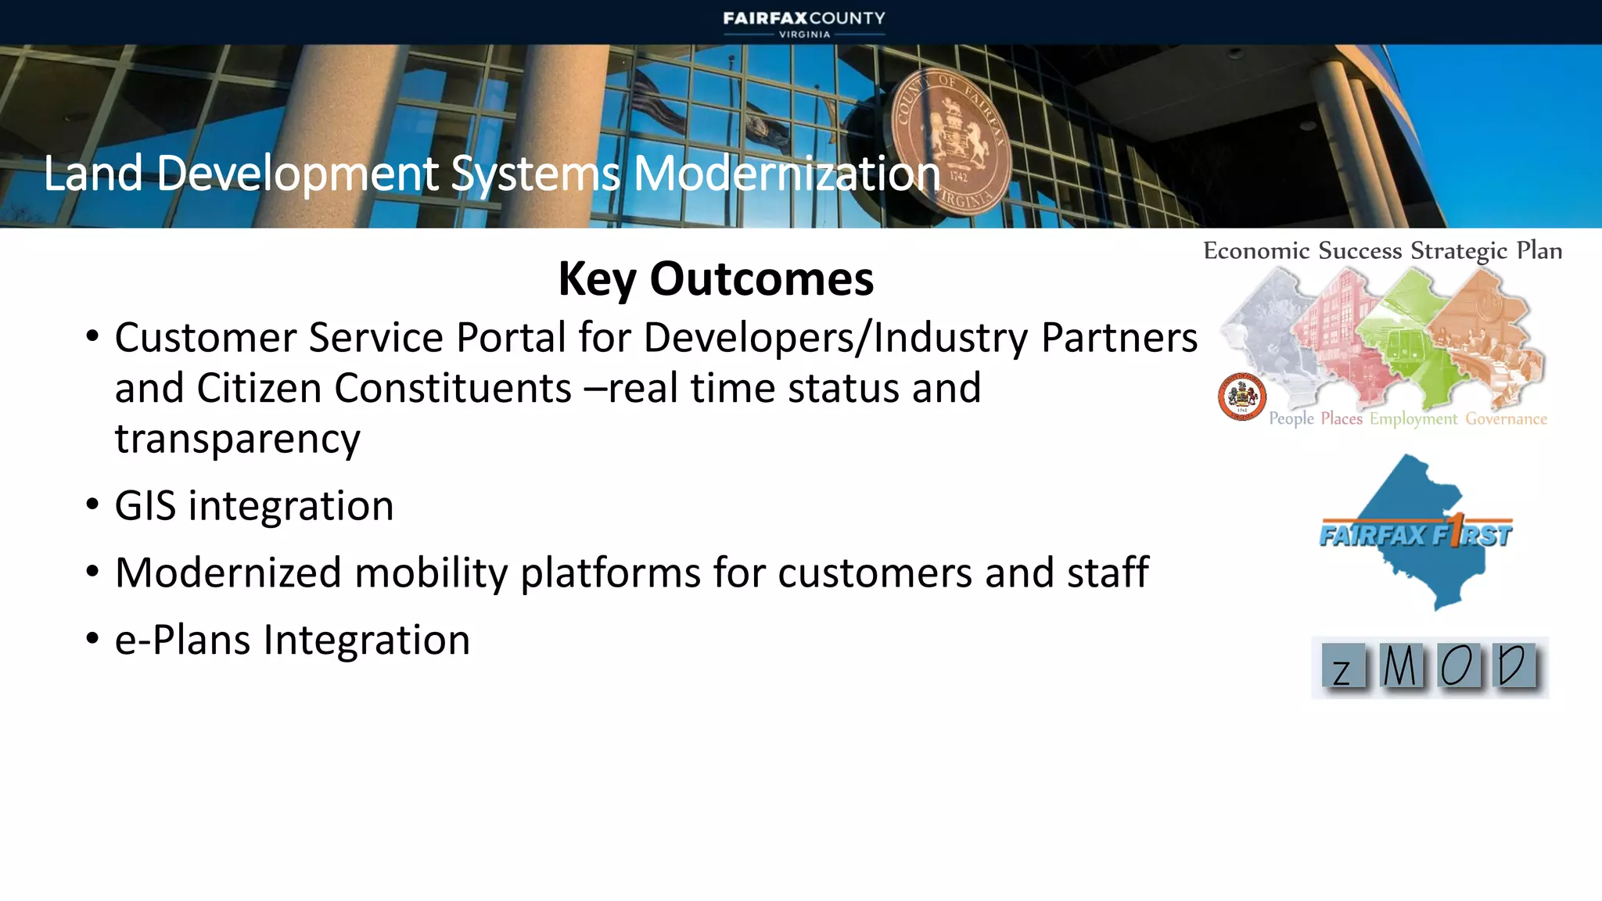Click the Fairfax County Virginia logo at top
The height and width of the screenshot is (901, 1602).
[x=804, y=23]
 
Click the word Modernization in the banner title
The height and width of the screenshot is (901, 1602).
[x=786, y=174]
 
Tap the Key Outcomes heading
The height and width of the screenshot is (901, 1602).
[x=716, y=278]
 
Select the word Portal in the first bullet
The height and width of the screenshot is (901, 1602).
[x=510, y=338]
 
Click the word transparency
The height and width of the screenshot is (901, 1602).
[x=237, y=439]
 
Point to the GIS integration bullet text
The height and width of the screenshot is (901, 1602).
[x=254, y=506]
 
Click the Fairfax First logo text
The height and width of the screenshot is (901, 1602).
[x=1416, y=536]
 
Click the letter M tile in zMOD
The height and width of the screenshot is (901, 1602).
[x=1400, y=667]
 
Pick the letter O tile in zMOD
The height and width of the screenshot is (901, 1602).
[x=1457, y=667]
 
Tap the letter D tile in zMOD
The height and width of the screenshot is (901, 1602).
[x=1513, y=666]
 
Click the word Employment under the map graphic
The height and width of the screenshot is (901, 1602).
[x=1413, y=419]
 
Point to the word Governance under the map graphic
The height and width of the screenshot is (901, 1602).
[x=1506, y=419]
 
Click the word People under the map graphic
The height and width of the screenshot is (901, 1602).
[x=1291, y=419]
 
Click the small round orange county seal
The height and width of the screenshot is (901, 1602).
[x=1241, y=397]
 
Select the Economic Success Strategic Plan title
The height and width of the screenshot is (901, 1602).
[x=1382, y=251]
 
